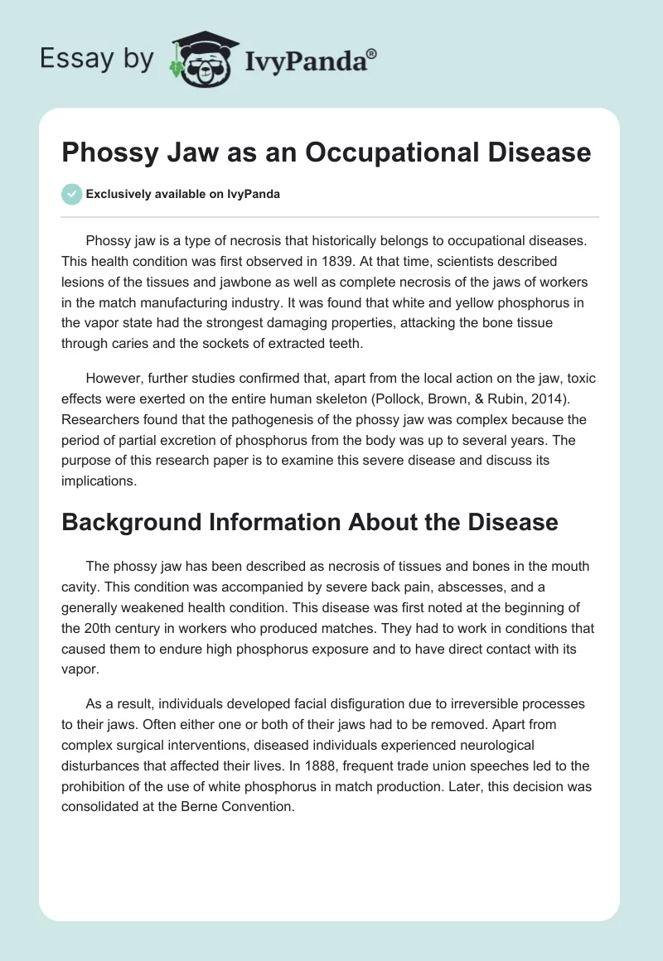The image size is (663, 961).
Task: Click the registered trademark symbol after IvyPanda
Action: (x=372, y=54)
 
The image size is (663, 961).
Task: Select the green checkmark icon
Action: (x=71, y=194)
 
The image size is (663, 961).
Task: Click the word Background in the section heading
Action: (x=138, y=522)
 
